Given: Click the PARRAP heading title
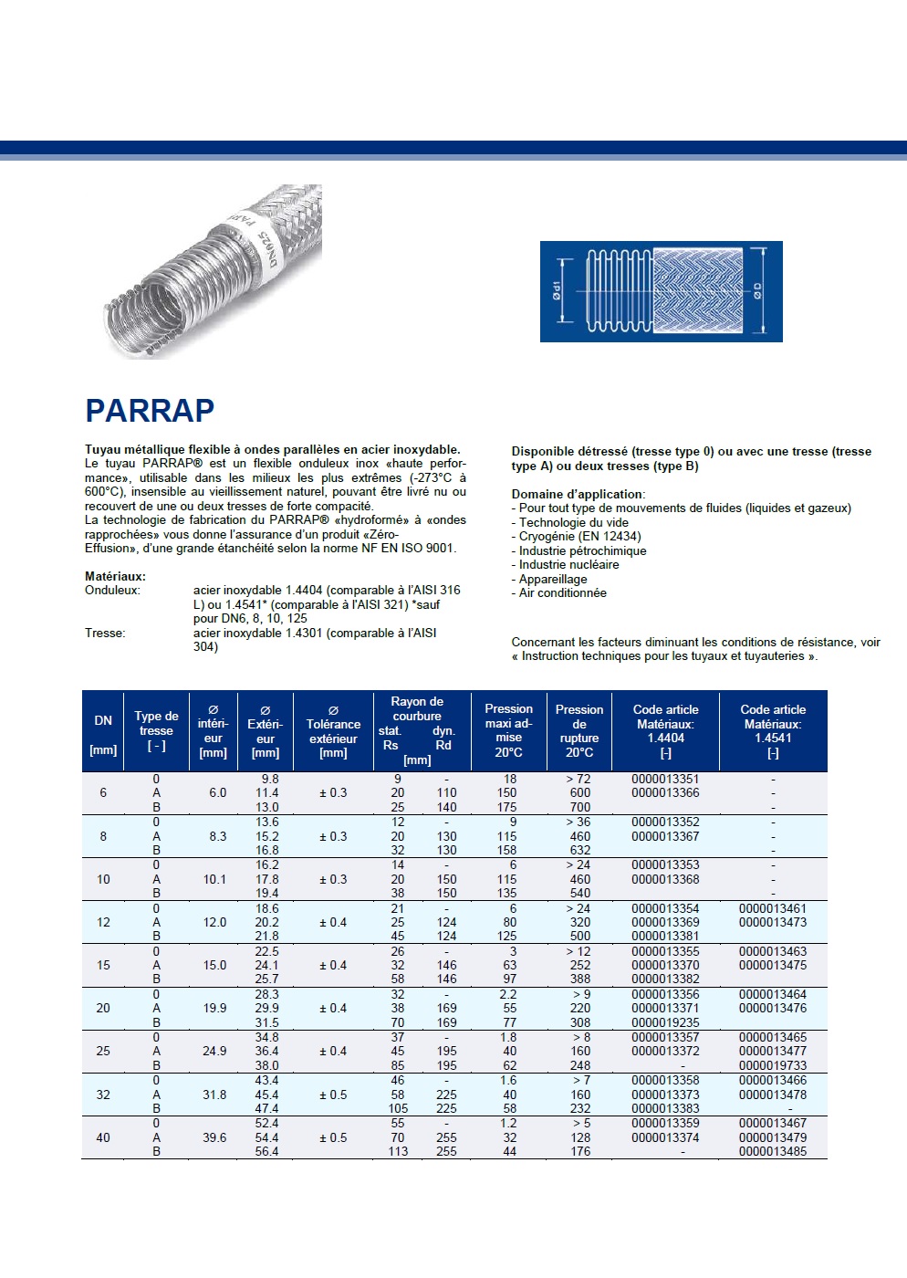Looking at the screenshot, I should pyautogui.click(x=150, y=411).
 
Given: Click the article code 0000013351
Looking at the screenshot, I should pyautogui.click(x=665, y=779).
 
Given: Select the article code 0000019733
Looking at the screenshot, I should pyautogui.click(x=773, y=1065).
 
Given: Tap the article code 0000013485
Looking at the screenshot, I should pyautogui.click(x=773, y=1151).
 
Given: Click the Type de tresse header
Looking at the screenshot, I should pyautogui.click(x=156, y=730).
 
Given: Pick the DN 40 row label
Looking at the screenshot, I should pyautogui.click(x=103, y=1137).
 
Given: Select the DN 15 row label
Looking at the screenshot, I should pyautogui.click(x=103, y=965).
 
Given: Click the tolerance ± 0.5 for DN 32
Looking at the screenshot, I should pyautogui.click(x=333, y=1095).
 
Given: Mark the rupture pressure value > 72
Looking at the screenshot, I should pyautogui.click(x=579, y=779).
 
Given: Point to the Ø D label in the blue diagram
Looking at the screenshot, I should pyautogui.click(x=757, y=291).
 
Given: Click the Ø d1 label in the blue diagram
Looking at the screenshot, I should pyautogui.click(x=556, y=291).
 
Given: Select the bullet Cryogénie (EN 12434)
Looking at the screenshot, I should pyautogui.click(x=579, y=536).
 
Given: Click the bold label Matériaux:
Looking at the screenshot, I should pyautogui.click(x=115, y=576).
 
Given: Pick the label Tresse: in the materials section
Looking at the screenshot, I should pyautogui.click(x=105, y=633).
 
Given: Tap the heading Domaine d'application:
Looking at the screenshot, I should pyautogui.click(x=578, y=494).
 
